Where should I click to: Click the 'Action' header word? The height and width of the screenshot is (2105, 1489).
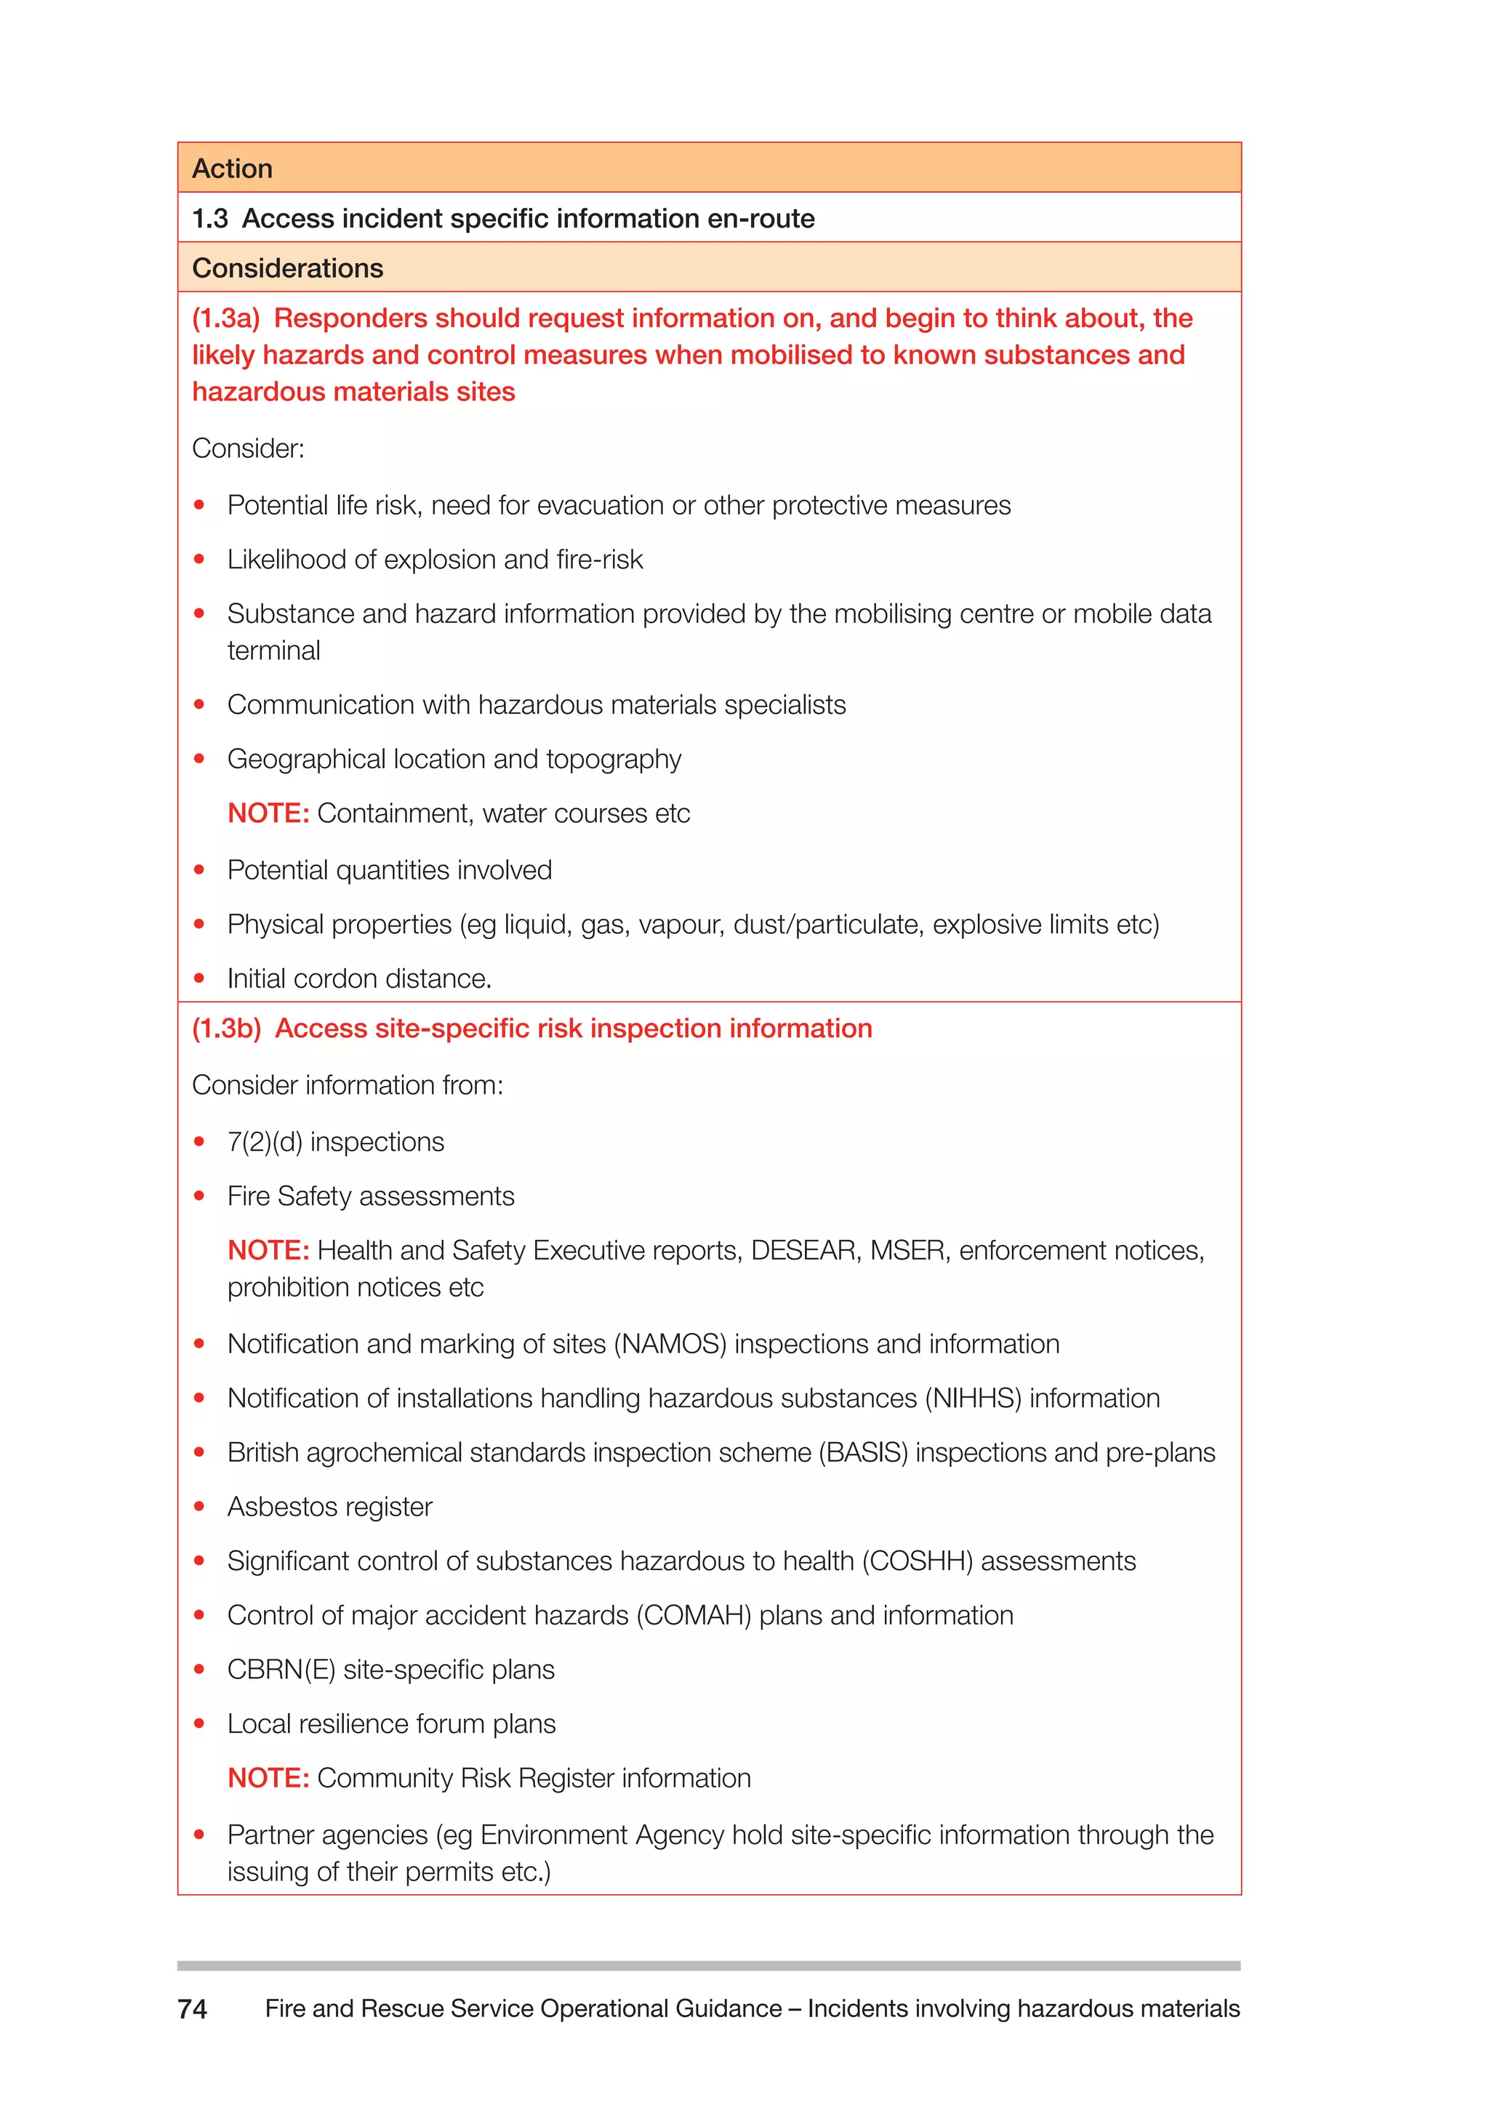click(x=232, y=169)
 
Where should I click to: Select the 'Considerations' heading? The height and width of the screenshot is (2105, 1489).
click(x=287, y=269)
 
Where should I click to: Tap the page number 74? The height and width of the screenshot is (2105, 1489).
click(x=193, y=2009)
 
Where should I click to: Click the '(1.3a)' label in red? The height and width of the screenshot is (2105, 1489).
click(x=225, y=318)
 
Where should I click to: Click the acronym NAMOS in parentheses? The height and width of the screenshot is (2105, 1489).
click(x=670, y=1344)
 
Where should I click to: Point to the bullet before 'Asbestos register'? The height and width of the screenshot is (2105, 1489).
click(x=199, y=1506)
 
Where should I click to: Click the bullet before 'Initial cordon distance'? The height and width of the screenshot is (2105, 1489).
click(x=199, y=978)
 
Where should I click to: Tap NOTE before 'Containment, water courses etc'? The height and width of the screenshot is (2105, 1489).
click(x=268, y=813)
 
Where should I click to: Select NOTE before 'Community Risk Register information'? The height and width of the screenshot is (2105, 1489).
click(x=268, y=1778)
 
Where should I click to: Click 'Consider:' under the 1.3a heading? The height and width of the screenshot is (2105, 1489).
click(x=247, y=449)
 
